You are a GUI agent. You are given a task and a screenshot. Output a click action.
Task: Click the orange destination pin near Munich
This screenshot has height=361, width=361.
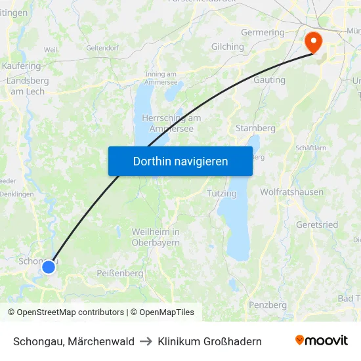pyautogui.click(x=314, y=42)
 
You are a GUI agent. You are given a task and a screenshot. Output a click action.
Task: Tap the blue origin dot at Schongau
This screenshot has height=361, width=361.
pyautogui.click(x=49, y=266)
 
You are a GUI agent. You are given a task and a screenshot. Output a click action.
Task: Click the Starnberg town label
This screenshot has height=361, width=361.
pyautogui.click(x=255, y=128)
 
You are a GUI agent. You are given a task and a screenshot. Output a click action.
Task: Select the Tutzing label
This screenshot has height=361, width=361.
pyautogui.click(x=221, y=194)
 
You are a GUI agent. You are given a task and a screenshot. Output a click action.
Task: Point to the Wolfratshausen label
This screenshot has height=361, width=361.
pyautogui.click(x=291, y=192)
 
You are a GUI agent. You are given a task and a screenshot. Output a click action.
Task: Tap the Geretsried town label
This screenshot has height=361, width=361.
pyautogui.click(x=317, y=224)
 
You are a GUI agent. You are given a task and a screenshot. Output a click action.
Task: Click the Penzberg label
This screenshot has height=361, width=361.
pyautogui.click(x=268, y=305)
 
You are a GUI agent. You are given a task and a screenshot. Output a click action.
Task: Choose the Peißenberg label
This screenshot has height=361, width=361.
pyautogui.click(x=120, y=272)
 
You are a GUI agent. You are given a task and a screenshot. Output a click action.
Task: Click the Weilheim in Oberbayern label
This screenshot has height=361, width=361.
pyautogui.click(x=156, y=237)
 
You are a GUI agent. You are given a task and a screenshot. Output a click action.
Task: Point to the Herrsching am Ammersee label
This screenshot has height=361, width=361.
pyautogui.click(x=171, y=123)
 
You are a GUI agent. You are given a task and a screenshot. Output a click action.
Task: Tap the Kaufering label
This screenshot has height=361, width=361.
pyautogui.click(x=22, y=66)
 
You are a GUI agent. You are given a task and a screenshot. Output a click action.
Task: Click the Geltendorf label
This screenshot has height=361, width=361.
pyautogui.click(x=102, y=47)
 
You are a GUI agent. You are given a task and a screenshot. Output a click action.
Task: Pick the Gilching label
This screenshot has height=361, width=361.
pyautogui.click(x=228, y=47)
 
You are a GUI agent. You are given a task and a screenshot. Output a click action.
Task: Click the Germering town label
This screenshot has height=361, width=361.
pyautogui.click(x=263, y=32)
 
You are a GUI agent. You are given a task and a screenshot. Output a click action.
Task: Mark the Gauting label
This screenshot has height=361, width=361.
pyautogui.click(x=269, y=80)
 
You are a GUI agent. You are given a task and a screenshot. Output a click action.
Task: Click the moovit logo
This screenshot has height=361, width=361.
pyautogui.click(x=322, y=341)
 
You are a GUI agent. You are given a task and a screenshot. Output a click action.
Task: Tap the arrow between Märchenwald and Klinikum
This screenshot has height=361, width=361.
pyautogui.click(x=146, y=341)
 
